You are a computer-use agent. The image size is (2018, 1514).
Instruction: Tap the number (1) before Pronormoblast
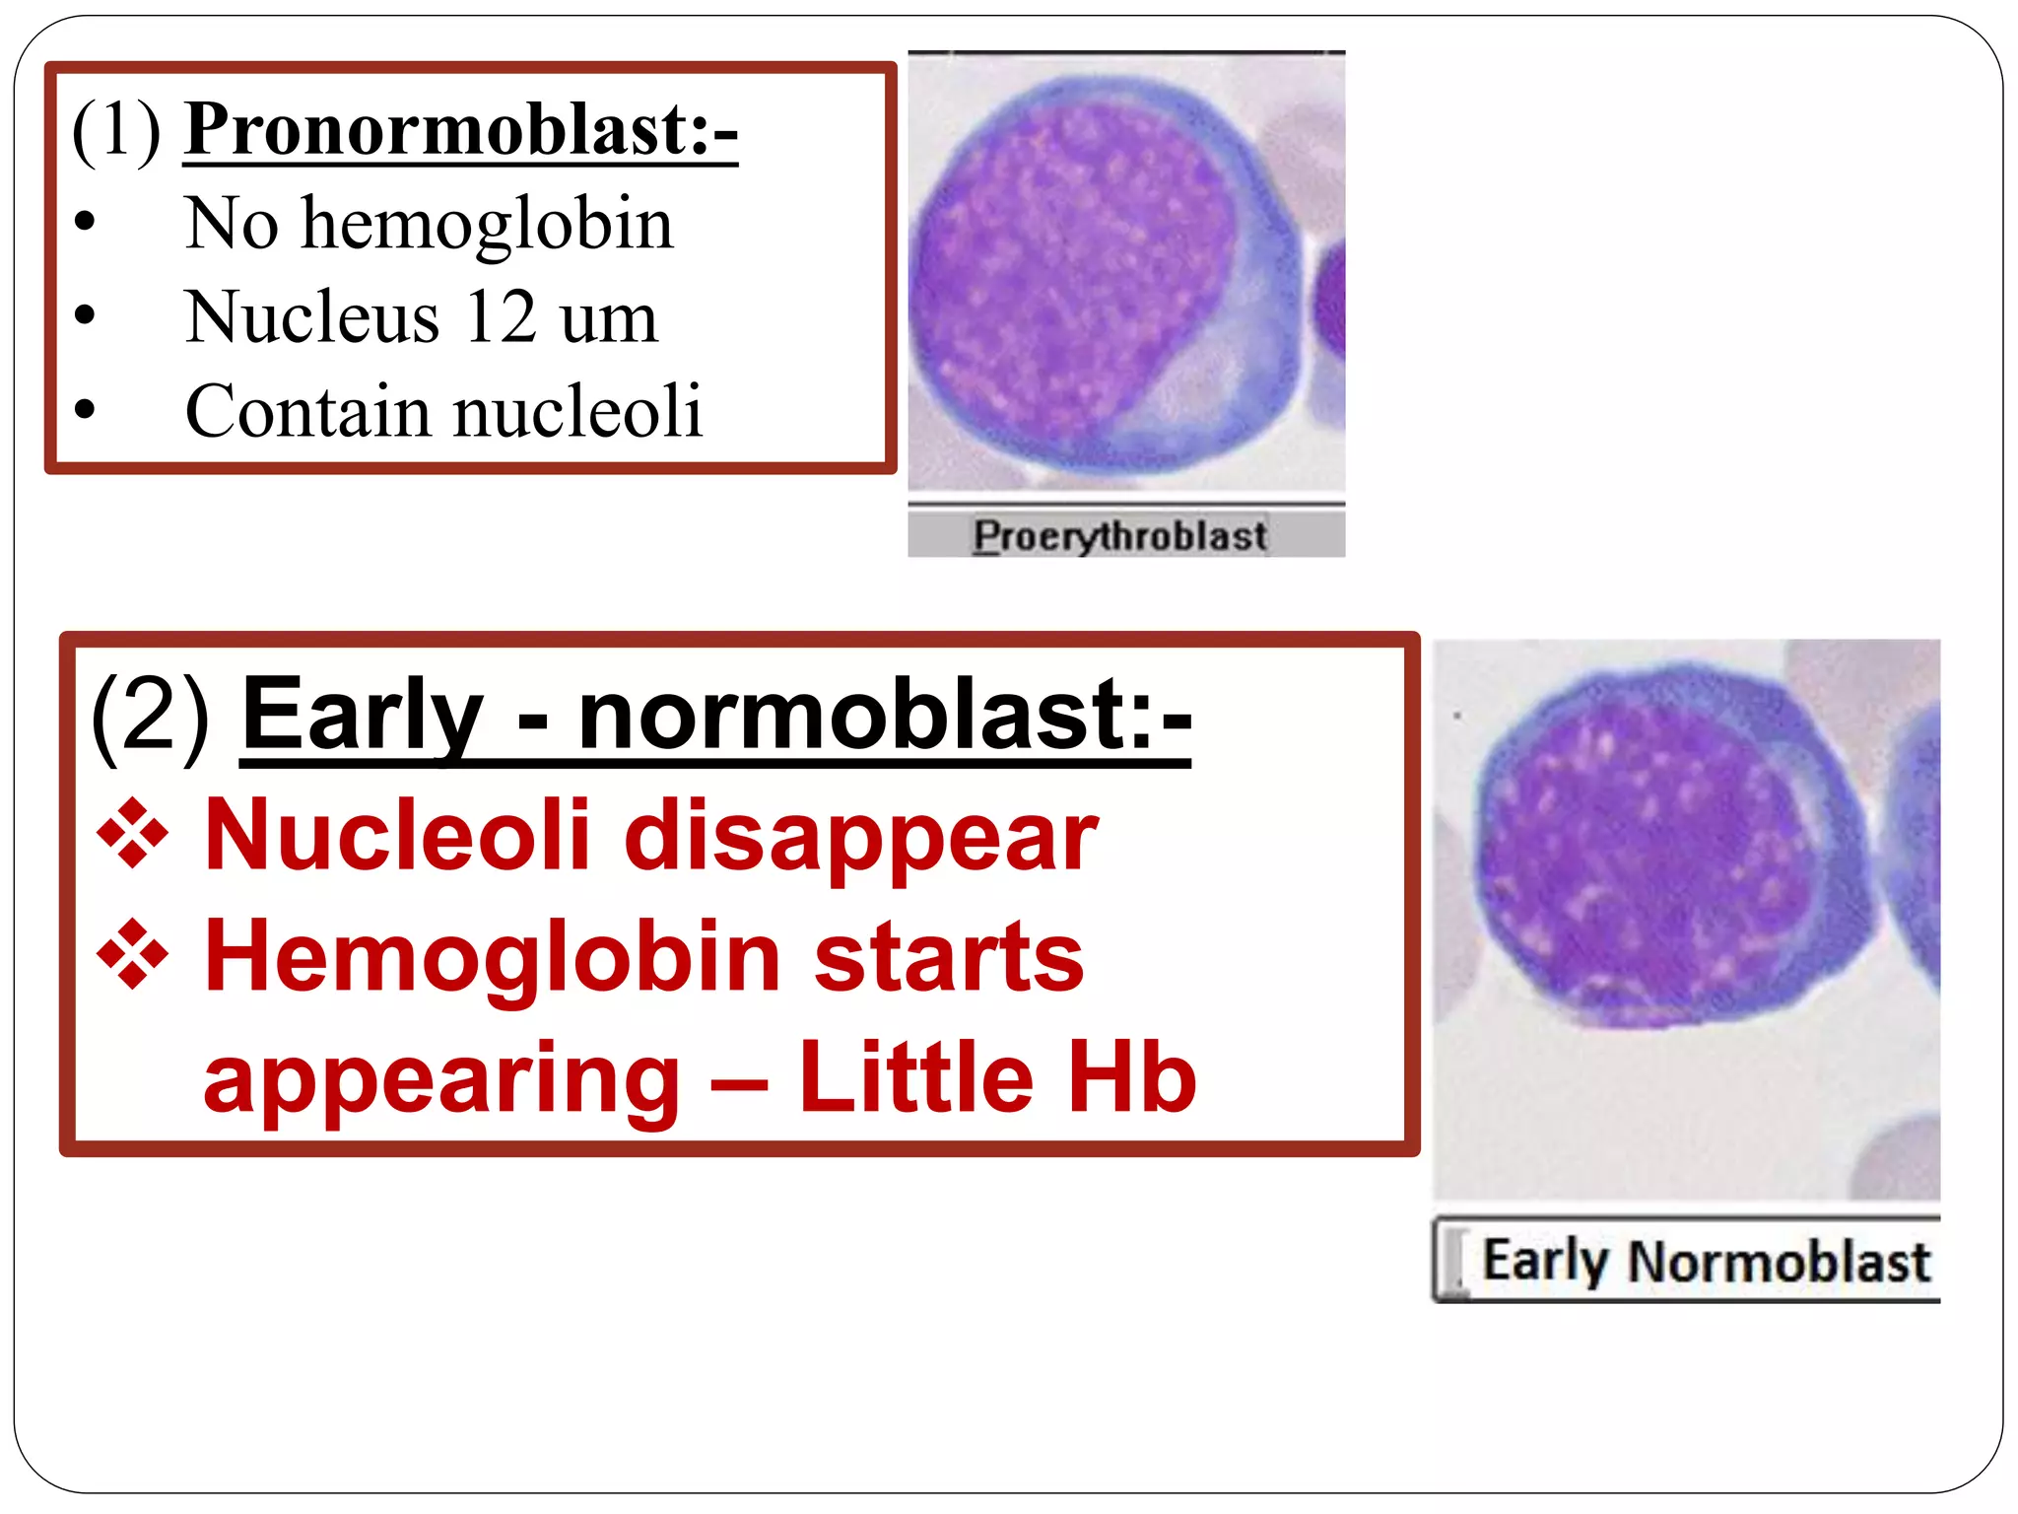pos(116,129)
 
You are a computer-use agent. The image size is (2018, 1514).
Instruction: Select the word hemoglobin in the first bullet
pos(487,224)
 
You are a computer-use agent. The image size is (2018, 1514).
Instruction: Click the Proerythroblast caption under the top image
pos(1120,536)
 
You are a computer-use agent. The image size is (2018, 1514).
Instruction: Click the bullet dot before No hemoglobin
pos(85,223)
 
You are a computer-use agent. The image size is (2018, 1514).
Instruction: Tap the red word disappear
pos(860,837)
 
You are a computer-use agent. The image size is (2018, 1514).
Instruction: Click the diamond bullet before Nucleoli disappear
pos(132,836)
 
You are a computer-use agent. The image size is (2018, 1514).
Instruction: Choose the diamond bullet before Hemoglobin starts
pos(132,955)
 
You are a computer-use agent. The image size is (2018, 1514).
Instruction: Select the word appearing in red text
pos(441,1080)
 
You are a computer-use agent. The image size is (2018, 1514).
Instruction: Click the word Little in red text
pos(915,1078)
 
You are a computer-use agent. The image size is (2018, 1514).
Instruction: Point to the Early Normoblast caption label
pos(1705,1263)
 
